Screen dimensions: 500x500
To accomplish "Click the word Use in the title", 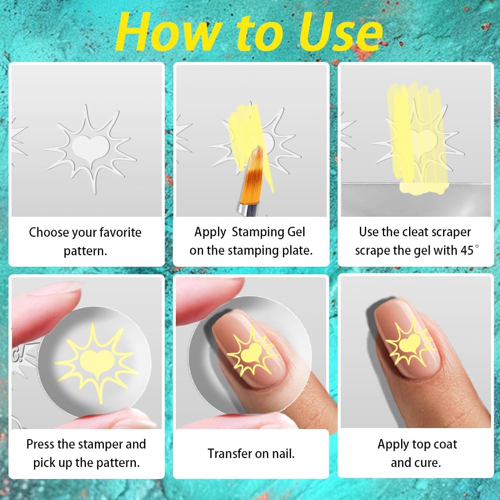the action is click(340, 32).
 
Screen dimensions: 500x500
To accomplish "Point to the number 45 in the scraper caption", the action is click(467, 250).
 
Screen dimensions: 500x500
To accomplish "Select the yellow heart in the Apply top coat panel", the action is click(410, 343).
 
